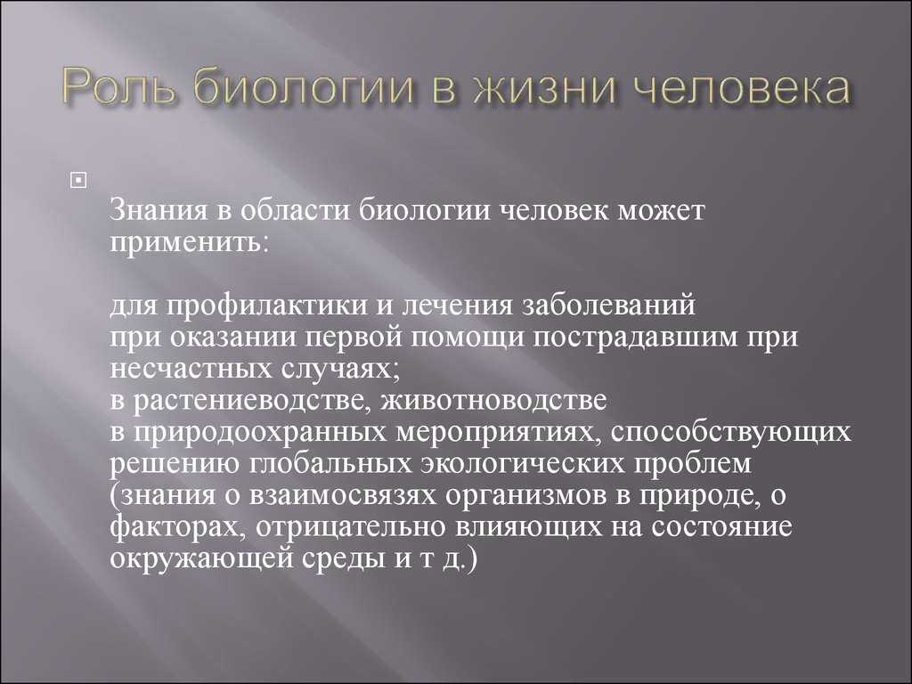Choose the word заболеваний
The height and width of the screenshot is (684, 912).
[607, 305]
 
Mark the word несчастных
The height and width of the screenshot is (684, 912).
[191, 369]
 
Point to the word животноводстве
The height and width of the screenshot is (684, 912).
[493, 400]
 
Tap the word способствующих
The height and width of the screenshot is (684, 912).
[730, 432]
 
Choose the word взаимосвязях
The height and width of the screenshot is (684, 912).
[343, 495]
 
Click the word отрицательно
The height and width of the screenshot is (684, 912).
[353, 526]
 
